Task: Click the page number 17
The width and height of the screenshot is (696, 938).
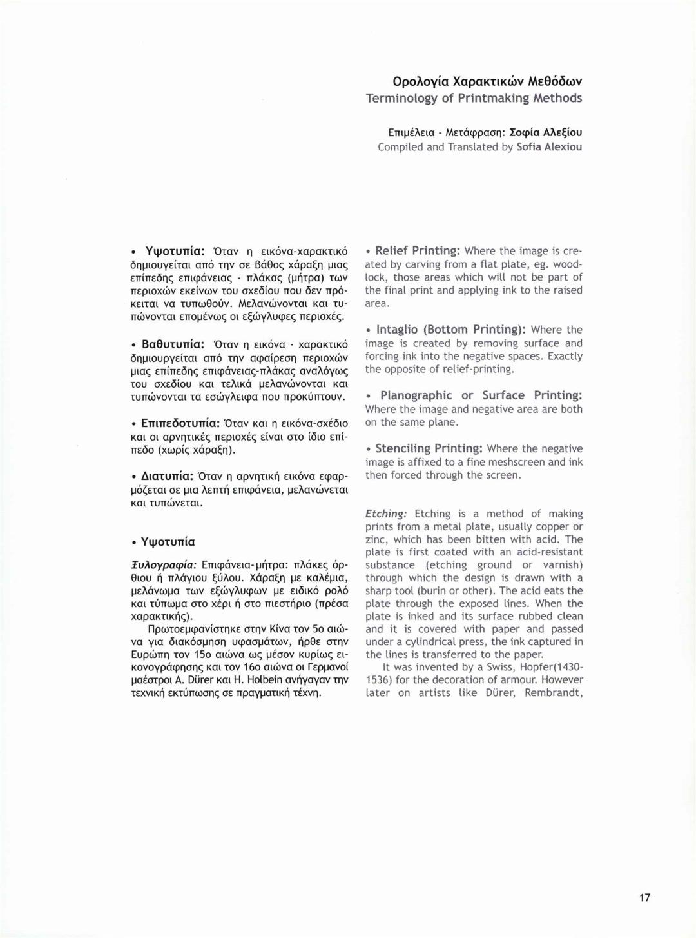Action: pyautogui.click(x=645, y=897)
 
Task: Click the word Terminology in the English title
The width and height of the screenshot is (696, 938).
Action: pyautogui.click(x=402, y=98)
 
